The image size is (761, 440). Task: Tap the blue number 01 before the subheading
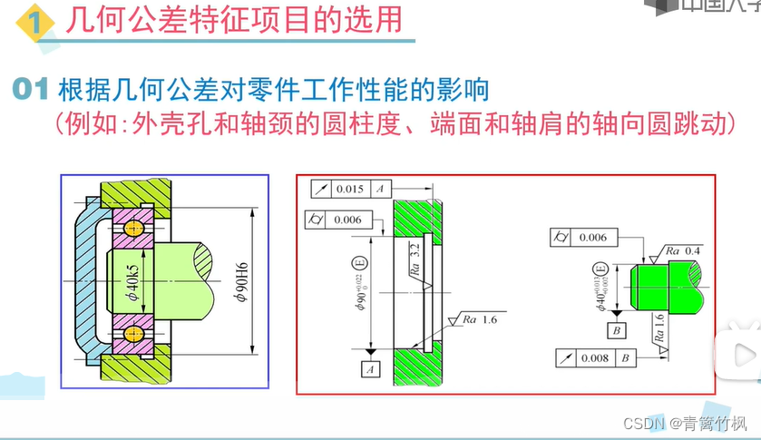coord(34,91)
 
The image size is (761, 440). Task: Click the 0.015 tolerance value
coord(349,189)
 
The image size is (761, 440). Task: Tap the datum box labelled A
coord(370,369)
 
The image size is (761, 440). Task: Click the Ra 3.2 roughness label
coord(413,259)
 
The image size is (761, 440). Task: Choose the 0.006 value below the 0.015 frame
coord(347,220)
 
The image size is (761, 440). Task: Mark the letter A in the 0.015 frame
coord(381,189)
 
